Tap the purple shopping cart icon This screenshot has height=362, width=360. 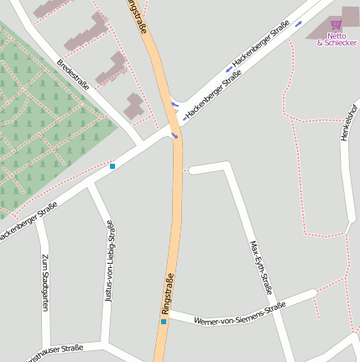337,24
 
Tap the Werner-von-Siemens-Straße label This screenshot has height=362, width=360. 239,313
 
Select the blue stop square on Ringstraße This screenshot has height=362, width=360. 164,321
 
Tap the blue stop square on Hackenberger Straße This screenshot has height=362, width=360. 112,166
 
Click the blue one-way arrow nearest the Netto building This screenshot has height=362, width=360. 299,24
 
